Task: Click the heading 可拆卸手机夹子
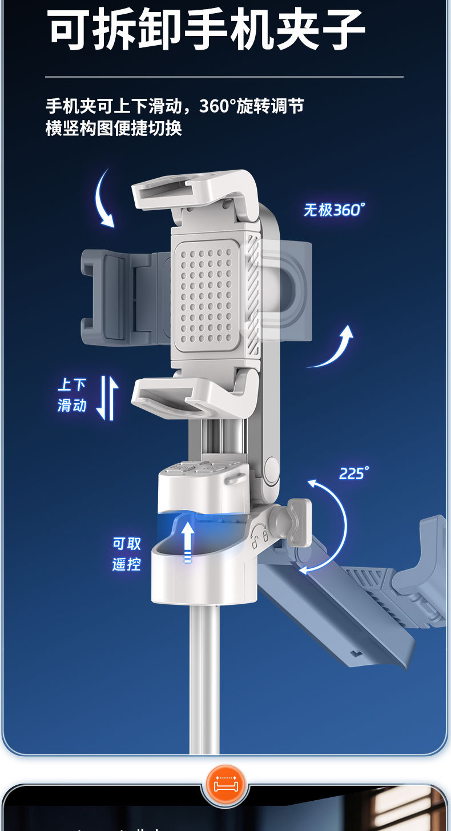coord(206,29)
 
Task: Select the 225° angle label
coord(354,473)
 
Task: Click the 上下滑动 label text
coord(72,395)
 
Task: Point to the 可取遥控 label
coord(127,554)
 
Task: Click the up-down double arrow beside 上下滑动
coord(107,398)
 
